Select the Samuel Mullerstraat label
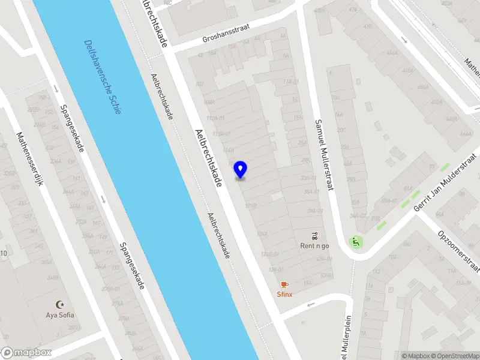click(324, 154)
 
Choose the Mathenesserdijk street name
click(31, 158)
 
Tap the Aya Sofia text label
click(59, 314)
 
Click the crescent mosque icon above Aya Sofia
click(59, 304)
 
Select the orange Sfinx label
click(284, 295)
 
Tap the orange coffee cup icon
click(284, 284)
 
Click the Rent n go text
click(315, 245)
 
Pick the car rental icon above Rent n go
click(315, 235)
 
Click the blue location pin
click(241, 170)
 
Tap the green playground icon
click(355, 243)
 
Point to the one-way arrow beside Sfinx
click(311, 304)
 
